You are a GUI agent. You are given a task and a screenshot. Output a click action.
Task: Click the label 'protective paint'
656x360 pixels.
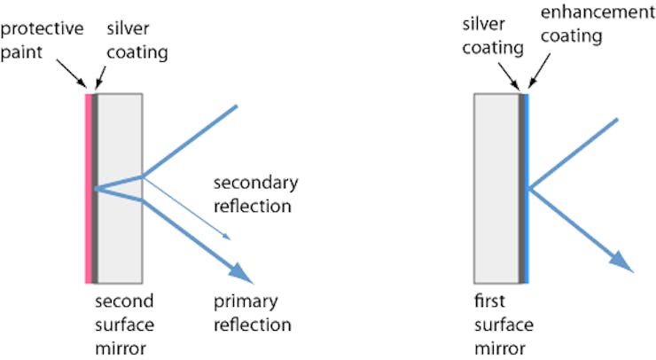[42, 40]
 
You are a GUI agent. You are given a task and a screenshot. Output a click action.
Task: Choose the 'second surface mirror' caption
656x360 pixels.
[125, 322]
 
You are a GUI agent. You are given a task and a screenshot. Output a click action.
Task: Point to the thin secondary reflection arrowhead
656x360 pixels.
[229, 237]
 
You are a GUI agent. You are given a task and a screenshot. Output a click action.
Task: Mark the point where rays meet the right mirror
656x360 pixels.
[529, 188]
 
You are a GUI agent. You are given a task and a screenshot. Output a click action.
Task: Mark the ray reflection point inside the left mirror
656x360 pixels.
[97, 188]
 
